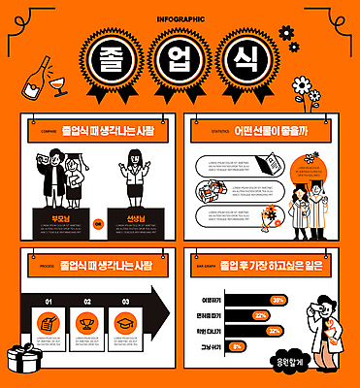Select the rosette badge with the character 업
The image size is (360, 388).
click(x=180, y=60)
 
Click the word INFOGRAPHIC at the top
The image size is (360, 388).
click(x=180, y=17)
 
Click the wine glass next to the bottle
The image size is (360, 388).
click(x=60, y=87)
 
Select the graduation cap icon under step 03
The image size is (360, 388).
click(x=124, y=321)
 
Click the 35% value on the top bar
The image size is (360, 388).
click(x=278, y=300)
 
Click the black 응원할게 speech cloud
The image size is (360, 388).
click(x=330, y=363)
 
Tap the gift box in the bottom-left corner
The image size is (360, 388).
click(x=21, y=360)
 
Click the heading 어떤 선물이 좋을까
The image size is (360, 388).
click(x=266, y=131)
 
